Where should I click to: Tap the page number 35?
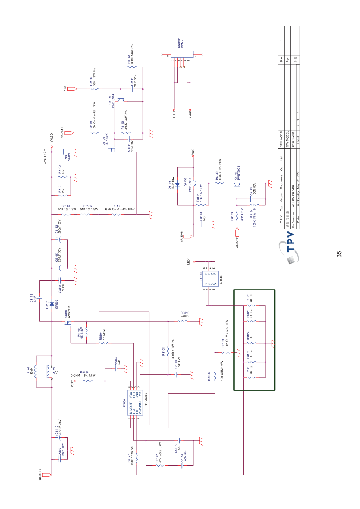tap(339, 254)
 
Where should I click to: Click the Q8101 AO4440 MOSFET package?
tap(209, 279)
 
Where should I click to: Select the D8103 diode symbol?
tap(178, 185)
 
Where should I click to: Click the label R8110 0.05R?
tap(185, 314)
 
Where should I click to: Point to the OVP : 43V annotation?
tap(45, 156)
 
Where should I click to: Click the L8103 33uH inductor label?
tap(30, 371)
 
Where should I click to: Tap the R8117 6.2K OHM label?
tap(120, 208)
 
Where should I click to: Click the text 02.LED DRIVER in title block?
tap(293, 196)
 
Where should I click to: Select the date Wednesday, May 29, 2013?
tap(298, 189)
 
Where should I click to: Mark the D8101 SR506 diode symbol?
tap(52, 304)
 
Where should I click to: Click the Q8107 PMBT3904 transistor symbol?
tap(237, 185)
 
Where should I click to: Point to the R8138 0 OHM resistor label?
tap(83, 374)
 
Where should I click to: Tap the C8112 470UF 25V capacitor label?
tap(58, 427)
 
